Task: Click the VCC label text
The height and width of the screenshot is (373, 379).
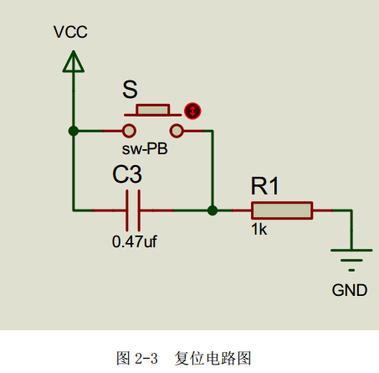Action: coord(70,32)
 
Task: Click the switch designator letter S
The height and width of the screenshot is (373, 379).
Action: coord(130,90)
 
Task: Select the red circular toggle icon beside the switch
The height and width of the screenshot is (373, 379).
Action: coord(192,111)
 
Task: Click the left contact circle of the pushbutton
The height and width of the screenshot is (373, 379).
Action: coord(129,131)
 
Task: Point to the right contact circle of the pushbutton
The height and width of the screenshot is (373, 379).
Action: coord(177,131)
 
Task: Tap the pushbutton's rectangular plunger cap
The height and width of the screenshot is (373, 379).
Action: coord(153,110)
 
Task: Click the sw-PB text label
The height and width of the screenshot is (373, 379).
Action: coord(145,148)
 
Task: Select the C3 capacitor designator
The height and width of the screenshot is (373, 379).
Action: coord(127,174)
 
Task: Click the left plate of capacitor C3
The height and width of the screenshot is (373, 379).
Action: coord(127,210)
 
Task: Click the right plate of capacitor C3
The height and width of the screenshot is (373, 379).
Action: coord(139,210)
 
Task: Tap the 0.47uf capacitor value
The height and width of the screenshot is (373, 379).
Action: coord(135,241)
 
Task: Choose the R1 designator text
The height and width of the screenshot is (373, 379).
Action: coord(265,186)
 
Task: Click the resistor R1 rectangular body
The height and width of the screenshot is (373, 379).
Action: coord(282,210)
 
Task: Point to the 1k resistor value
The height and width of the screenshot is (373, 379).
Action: coord(259,230)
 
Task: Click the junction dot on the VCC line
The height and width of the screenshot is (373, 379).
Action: coord(74,131)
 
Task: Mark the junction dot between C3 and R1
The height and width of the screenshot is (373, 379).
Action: coord(213,210)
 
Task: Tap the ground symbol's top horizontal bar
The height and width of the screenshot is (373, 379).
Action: coord(351,251)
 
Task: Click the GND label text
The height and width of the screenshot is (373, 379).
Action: coord(350,290)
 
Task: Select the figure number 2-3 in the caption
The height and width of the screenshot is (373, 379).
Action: coord(146,359)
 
